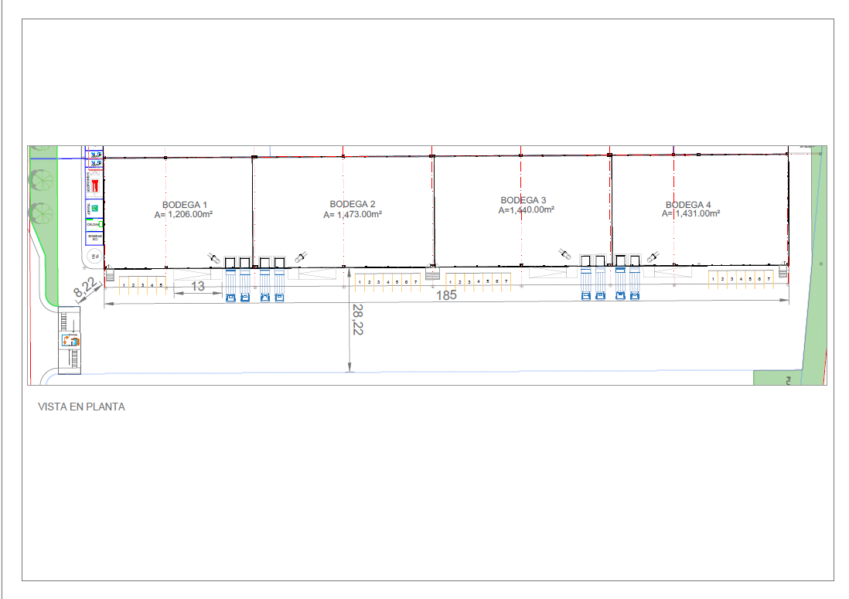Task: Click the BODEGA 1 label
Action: pos(185,204)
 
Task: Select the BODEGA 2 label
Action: pos(353,204)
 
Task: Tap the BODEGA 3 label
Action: pos(523,200)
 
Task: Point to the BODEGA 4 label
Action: pos(688,205)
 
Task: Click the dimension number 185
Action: pos(446,294)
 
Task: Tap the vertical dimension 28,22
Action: pos(357,318)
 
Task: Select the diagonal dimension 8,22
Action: pos(86,288)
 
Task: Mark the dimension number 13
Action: pos(198,286)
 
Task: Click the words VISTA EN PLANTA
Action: pos(81,407)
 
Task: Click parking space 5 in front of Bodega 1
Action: pos(161,285)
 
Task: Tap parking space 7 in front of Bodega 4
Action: pos(769,278)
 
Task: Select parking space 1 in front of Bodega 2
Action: pos(360,282)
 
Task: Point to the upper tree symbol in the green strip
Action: pos(39,179)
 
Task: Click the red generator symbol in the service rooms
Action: pos(95,186)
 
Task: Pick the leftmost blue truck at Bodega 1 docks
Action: pos(230,297)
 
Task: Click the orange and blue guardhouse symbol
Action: pos(70,339)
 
